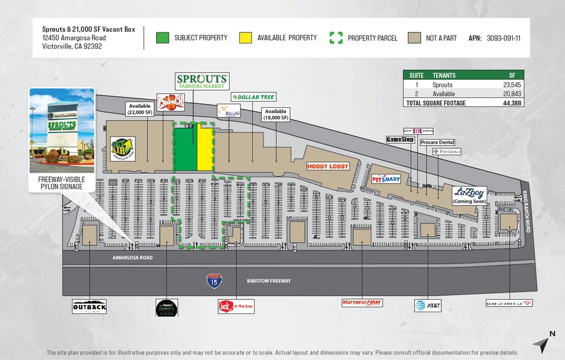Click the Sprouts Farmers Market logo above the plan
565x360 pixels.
[x=203, y=81]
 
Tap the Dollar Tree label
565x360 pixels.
[x=253, y=97]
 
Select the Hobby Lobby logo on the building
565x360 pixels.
[x=327, y=166]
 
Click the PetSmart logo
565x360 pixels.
[x=386, y=179]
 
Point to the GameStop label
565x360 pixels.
[x=400, y=140]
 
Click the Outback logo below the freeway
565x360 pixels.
[x=89, y=306]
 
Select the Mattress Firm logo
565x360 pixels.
[x=361, y=302]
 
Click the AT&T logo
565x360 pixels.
[x=427, y=305]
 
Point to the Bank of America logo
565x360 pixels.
[x=509, y=303]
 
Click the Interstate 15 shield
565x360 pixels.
[x=214, y=280]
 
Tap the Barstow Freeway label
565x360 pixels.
[x=269, y=280]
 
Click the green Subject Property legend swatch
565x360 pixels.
[x=162, y=38]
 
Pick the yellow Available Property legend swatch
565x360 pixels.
[x=245, y=38]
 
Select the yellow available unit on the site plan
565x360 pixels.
[x=204, y=149]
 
